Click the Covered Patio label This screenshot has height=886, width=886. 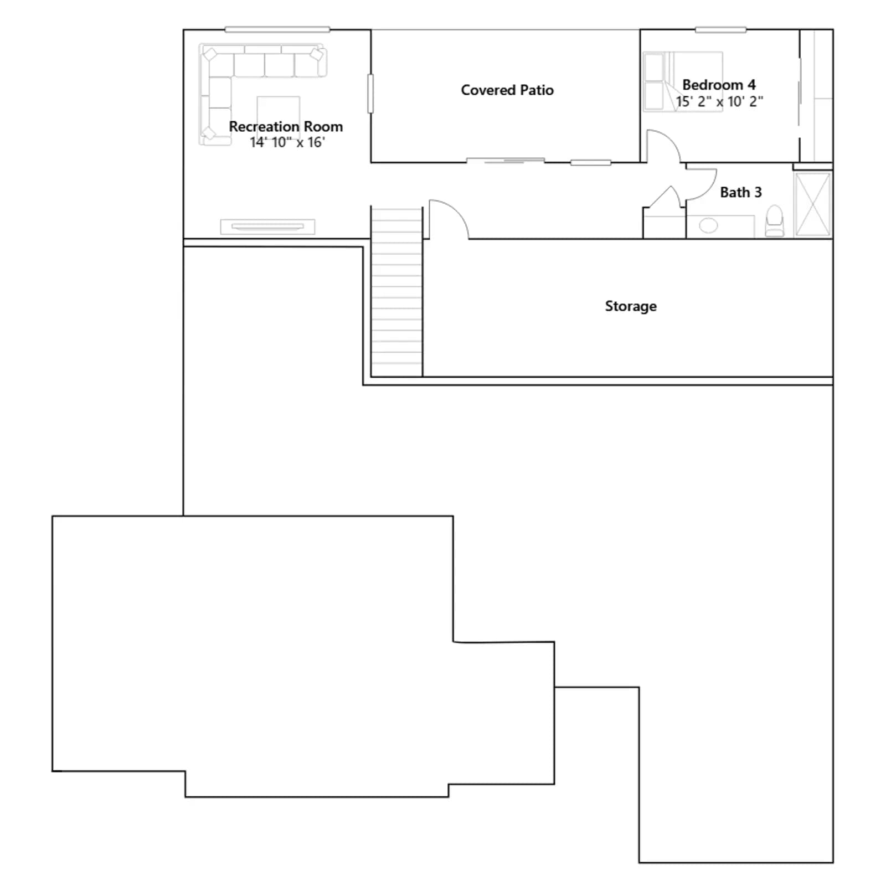point(507,90)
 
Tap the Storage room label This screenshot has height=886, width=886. point(631,306)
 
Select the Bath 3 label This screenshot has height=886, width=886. point(741,192)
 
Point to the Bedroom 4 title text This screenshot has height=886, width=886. point(719,85)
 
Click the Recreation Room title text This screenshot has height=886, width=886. point(286,126)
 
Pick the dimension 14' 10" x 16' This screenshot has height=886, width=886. point(287,142)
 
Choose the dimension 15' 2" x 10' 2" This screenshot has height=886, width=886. point(719,101)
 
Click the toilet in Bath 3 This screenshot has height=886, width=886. point(775,221)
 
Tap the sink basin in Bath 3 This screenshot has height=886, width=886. point(708,225)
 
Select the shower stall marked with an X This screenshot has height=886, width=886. point(813,204)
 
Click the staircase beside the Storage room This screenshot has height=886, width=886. point(396,292)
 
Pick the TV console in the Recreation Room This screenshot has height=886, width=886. point(267,226)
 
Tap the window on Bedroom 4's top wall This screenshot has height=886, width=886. point(720,30)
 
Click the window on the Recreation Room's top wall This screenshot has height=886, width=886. point(277,29)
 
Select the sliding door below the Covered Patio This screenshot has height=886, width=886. point(506,161)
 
